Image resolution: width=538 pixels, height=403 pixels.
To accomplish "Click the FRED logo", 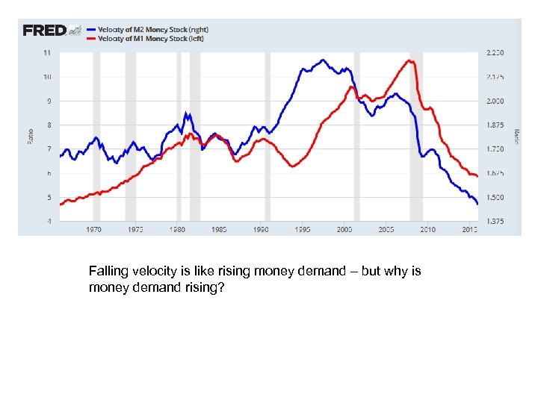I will (45, 31).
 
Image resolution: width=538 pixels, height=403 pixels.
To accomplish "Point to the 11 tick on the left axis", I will (47, 53).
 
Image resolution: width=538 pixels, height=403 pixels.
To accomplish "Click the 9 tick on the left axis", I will (49, 101).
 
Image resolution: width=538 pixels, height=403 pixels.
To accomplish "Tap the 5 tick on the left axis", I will (49, 198).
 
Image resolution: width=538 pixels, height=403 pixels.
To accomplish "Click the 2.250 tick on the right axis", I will (495, 53).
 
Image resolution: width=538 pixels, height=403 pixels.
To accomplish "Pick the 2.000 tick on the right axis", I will (495, 101).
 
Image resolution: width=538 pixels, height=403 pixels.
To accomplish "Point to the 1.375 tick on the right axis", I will (495, 222).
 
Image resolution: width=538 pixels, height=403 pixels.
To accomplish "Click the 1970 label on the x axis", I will (93, 229).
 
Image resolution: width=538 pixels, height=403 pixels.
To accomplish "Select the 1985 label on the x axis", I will (220, 229).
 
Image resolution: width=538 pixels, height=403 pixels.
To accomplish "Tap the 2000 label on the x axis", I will (343, 229).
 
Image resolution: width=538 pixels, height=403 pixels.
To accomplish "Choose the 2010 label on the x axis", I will (427, 229).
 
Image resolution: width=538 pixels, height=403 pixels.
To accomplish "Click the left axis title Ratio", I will (31, 137).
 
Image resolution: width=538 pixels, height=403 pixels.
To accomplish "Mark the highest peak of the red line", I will (409, 60).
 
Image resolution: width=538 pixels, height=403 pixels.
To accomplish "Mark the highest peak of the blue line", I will (324, 60).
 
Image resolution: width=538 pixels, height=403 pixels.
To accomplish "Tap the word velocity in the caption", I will (152, 271).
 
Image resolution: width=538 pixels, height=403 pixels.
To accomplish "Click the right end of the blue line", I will (477, 204).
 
